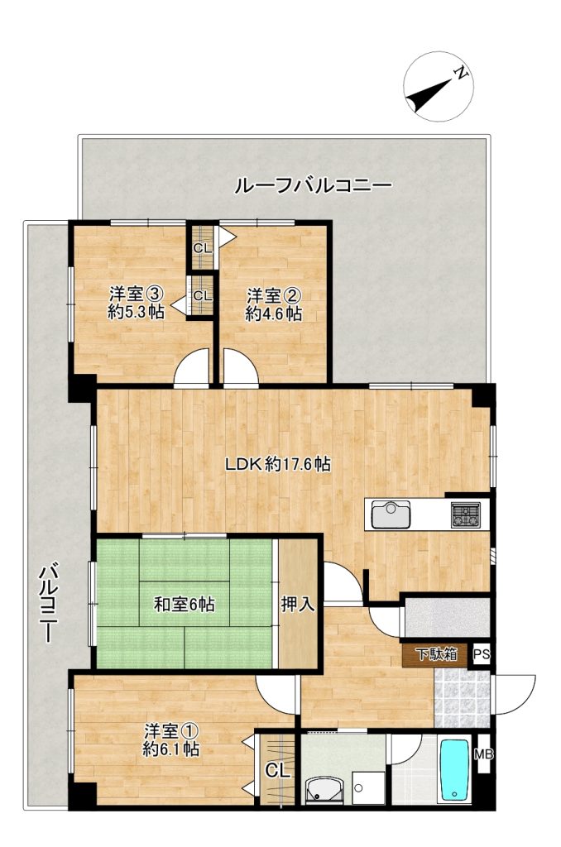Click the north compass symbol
[439, 87]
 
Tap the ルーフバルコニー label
[313, 186]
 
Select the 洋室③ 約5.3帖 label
[136, 304]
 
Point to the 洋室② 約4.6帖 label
[274, 304]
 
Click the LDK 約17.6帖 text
[278, 463]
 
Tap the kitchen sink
[391, 514]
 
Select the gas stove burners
[465, 514]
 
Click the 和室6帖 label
[185, 603]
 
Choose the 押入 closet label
[297, 604]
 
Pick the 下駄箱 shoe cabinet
[434, 654]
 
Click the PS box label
[481, 655]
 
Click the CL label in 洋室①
[278, 770]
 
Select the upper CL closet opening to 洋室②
[204, 248]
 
